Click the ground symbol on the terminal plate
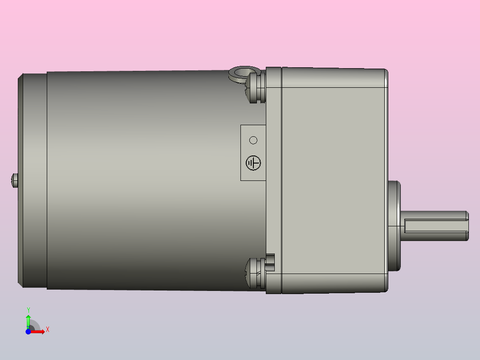(x=253, y=163)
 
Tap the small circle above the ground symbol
(x=253, y=140)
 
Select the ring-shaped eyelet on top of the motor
(x=242, y=73)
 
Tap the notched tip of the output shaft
(x=467, y=226)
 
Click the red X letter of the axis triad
(x=47, y=330)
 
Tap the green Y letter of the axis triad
(x=28, y=309)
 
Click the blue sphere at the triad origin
(x=28, y=332)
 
